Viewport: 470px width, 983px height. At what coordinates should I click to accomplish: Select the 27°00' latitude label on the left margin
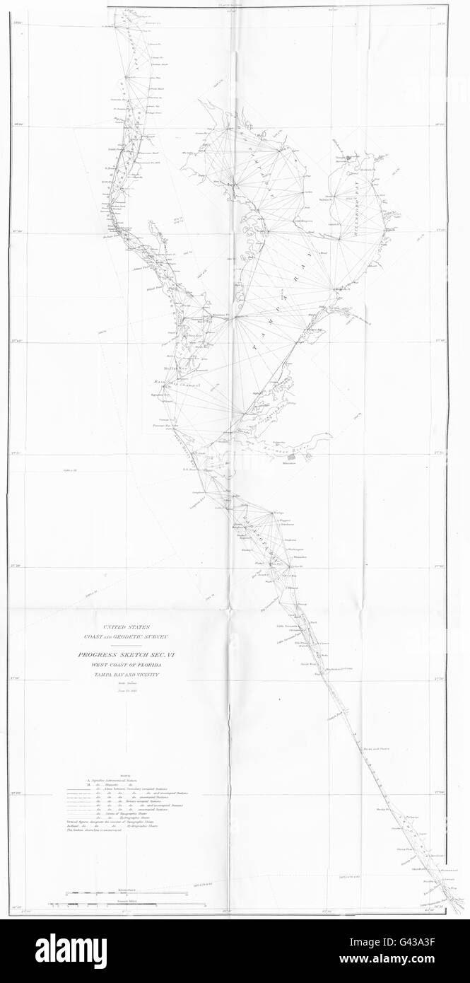(x=19, y=794)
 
